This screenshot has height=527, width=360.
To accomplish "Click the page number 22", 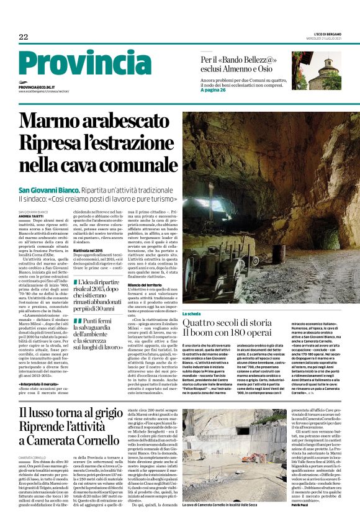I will tap(23, 37).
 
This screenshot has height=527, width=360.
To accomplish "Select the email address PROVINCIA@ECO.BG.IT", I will tap(37, 88).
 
